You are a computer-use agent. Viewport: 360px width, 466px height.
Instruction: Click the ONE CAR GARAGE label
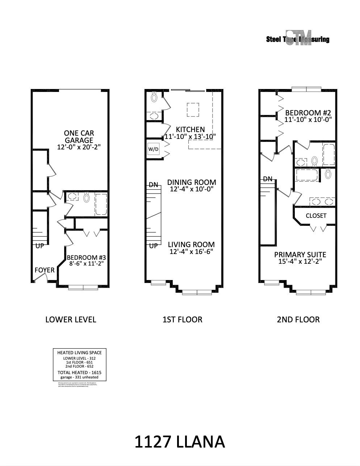coord(79,137)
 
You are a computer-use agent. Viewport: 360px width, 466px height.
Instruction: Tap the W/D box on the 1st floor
coord(153,149)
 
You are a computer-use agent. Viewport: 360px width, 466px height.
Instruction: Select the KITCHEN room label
coord(190,129)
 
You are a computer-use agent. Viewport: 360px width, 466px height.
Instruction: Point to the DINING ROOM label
coord(192,182)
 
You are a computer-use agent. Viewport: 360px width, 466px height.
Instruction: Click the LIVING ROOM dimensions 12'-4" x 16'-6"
coord(191,251)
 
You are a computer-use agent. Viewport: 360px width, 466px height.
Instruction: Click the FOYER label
coord(45,270)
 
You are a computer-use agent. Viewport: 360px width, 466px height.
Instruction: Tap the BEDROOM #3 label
coord(86,258)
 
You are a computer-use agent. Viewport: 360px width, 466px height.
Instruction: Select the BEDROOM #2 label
coord(308,113)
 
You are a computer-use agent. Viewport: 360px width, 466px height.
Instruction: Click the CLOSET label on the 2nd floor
coord(316,216)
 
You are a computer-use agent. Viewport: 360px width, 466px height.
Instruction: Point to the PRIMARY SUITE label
coord(300,255)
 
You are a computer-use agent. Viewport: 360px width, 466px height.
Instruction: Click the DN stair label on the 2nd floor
coord(268,179)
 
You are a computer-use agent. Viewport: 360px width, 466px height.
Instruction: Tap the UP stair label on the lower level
coord(39,246)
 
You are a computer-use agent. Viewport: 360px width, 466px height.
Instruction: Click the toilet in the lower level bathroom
coord(86,198)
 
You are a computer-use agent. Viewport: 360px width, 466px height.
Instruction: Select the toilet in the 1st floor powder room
coord(154,97)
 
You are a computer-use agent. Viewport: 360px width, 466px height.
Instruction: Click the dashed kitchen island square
coord(193,110)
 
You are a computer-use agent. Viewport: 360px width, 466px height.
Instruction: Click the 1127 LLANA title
coord(180,442)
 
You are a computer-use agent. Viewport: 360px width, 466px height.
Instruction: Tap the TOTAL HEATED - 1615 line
coord(79,372)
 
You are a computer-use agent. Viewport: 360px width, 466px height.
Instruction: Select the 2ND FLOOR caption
coord(298,319)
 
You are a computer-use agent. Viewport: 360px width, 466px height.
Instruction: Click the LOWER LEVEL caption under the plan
coord(71,319)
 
